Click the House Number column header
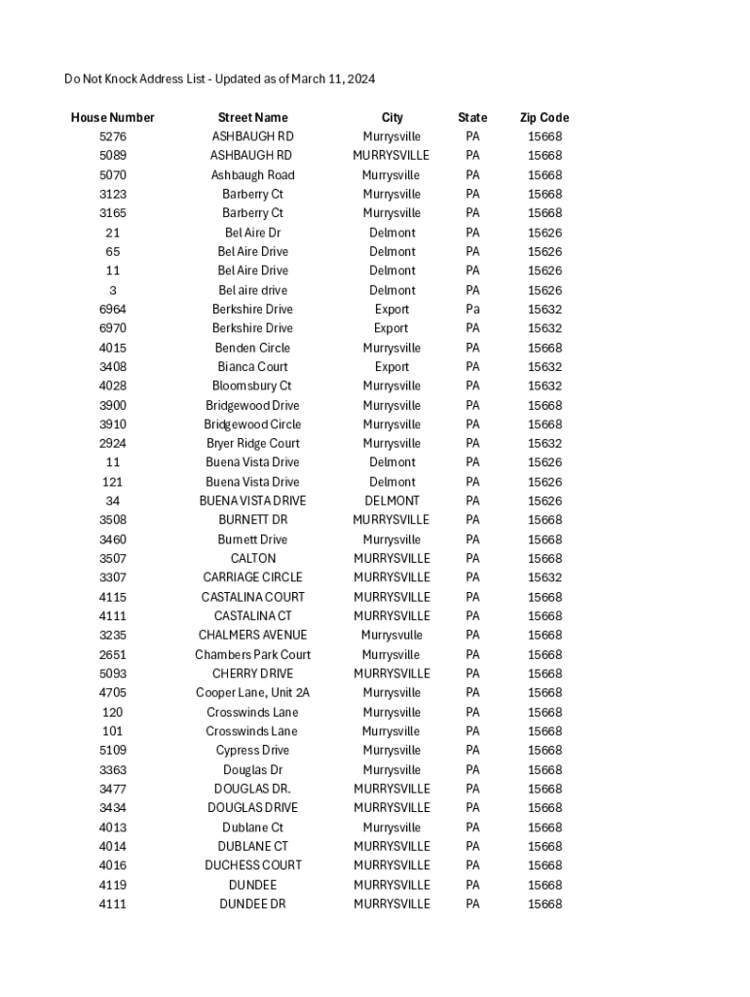[112, 118]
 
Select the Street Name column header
[252, 118]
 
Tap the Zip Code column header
[544, 118]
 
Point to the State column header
[472, 118]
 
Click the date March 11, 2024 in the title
[327, 79]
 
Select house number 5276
[112, 136]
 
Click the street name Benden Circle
[252, 348]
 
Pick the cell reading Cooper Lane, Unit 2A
[252, 693]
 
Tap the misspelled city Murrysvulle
[392, 635]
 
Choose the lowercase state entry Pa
[472, 310]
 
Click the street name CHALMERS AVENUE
[252, 635]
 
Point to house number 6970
[112, 328]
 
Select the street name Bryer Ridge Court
[252, 443]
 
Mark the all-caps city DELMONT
[392, 500]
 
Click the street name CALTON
[252, 558]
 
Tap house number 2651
[112, 654]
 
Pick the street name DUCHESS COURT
[252, 866]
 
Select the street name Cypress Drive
[252, 751]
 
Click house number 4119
[112, 885]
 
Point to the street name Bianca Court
[252, 367]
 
